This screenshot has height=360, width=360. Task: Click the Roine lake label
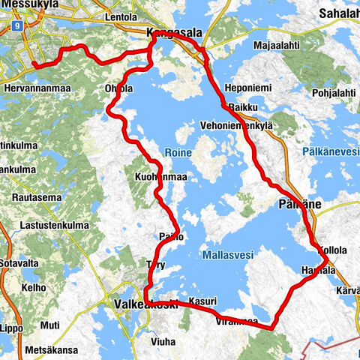[x=180, y=152]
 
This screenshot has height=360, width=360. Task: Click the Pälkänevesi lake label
[x=331, y=151]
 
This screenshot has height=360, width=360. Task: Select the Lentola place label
[x=121, y=16]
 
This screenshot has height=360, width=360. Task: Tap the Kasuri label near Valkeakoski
[x=202, y=301]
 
